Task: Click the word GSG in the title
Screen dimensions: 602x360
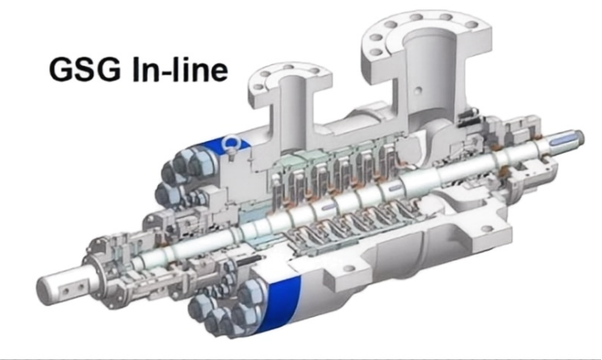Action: (x=84, y=69)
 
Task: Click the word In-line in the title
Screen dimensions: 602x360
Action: (x=180, y=69)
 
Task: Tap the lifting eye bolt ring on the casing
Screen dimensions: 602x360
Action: (x=233, y=143)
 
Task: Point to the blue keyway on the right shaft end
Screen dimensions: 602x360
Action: (x=562, y=142)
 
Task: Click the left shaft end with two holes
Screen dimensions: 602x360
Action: (x=63, y=285)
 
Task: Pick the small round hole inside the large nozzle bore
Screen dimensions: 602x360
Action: (x=418, y=91)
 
